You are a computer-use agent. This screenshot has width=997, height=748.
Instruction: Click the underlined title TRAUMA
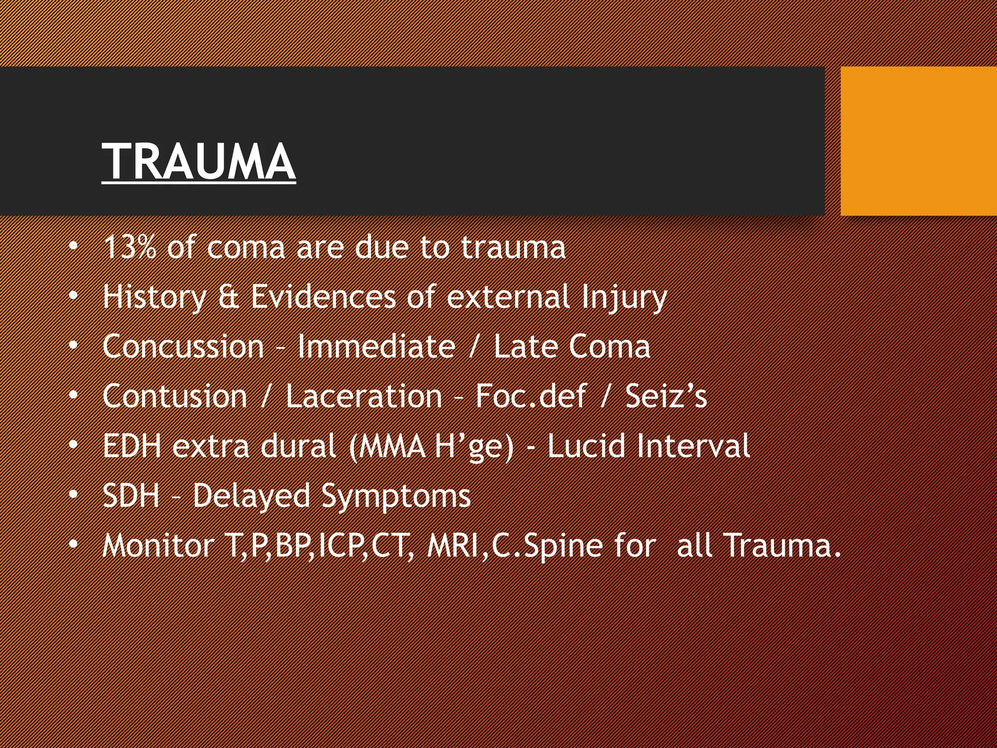click(198, 162)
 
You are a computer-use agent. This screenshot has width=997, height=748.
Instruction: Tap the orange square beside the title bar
click(918, 141)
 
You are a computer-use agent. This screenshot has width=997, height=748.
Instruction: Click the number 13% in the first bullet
click(129, 247)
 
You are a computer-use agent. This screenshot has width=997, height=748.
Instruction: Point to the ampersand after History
click(228, 297)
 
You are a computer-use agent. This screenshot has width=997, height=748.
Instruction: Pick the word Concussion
click(183, 347)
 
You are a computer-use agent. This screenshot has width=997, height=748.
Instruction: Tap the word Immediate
click(376, 347)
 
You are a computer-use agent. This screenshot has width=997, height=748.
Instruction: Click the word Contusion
click(175, 396)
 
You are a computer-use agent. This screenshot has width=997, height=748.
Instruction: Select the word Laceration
click(364, 396)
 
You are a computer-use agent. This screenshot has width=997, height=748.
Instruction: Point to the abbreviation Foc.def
click(530, 396)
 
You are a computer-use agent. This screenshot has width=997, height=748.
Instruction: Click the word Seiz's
click(665, 396)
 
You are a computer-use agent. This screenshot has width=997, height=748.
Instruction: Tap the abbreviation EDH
click(131, 446)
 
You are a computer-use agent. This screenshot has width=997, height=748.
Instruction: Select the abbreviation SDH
click(131, 496)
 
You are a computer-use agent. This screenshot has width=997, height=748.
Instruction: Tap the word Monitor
click(158, 545)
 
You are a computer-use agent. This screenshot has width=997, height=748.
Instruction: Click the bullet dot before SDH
click(73, 495)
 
